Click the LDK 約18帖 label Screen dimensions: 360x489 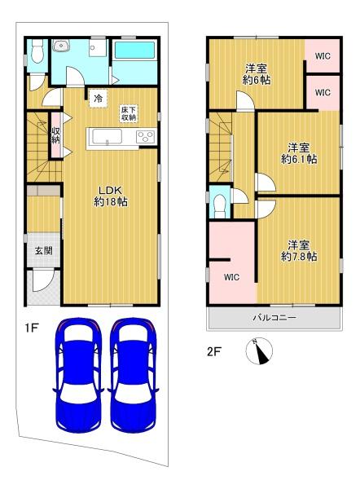click(x=111, y=196)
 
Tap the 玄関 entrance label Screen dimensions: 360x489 click(x=43, y=250)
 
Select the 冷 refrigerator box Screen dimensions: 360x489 click(x=99, y=99)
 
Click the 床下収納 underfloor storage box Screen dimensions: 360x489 click(x=129, y=113)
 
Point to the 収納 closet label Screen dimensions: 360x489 click(x=56, y=135)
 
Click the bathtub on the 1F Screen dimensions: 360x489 click(x=135, y=50)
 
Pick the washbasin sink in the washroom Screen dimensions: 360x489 click(x=61, y=46)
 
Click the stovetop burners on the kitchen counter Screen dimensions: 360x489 click(x=146, y=137)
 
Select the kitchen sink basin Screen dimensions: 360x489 click(x=108, y=137)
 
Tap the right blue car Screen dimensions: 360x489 click(x=133, y=375)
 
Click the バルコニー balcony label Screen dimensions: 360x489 click(x=274, y=318)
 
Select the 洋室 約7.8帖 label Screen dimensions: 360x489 click(x=299, y=250)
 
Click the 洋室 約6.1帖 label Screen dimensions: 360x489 click(x=299, y=153)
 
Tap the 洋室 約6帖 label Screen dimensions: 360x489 click(x=257, y=74)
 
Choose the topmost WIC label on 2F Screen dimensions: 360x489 click(x=323, y=56)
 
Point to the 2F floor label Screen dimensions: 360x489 click(x=214, y=352)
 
